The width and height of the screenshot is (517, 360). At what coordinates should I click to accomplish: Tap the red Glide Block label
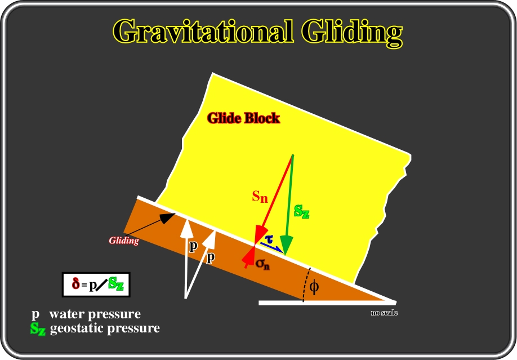tap(244, 118)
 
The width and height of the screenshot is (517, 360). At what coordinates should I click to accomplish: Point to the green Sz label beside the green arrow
tap(302, 211)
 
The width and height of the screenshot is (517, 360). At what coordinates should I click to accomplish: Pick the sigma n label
tap(262, 264)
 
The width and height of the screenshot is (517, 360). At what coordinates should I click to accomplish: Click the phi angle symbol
tap(314, 287)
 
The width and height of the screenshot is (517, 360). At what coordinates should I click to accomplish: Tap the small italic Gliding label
tap(124, 241)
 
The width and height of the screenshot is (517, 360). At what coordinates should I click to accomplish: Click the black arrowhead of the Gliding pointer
tap(168, 217)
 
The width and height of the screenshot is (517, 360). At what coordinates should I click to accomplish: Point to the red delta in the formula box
tap(76, 283)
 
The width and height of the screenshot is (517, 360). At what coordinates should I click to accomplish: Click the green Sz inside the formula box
tap(115, 283)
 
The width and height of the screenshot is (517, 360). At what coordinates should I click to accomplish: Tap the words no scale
tap(384, 313)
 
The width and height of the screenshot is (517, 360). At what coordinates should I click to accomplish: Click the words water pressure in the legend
tap(95, 314)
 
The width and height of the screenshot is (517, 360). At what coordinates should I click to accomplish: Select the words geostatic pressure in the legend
tap(105, 328)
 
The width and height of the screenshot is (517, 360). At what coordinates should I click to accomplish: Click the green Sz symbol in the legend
tap(38, 328)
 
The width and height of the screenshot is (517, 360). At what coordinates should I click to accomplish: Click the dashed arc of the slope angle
tap(306, 285)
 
